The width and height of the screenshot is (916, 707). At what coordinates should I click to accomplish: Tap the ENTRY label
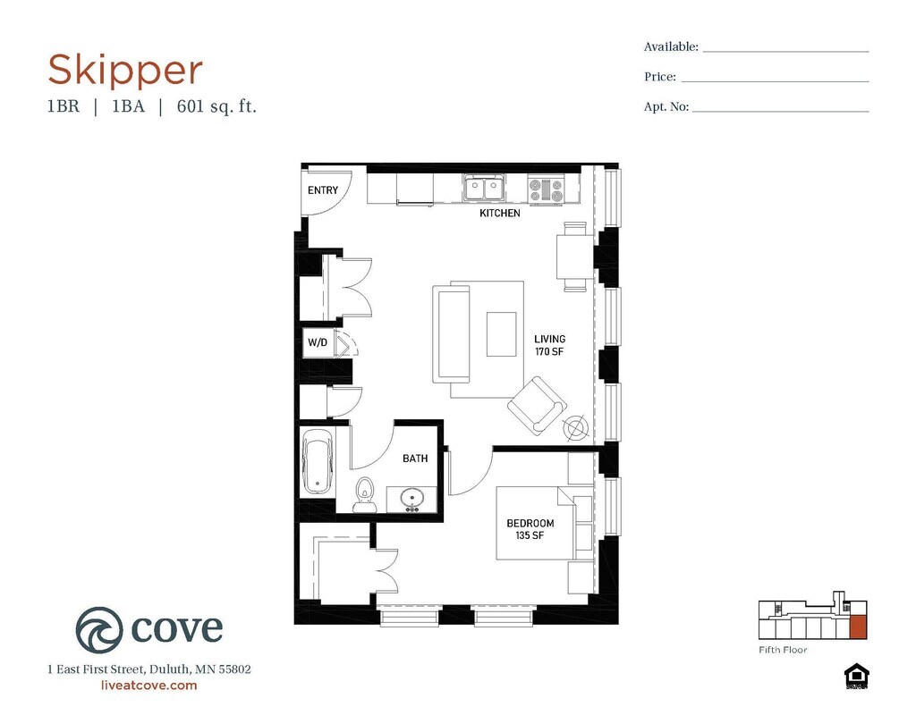click(322, 190)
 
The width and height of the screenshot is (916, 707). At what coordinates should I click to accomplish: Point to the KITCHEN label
click(499, 213)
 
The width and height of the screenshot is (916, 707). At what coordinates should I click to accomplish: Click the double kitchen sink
click(484, 188)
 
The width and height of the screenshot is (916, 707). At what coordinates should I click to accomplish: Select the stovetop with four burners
click(546, 189)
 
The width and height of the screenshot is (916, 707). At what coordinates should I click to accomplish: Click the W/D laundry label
click(318, 342)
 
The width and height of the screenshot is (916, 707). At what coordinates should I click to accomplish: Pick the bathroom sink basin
click(412, 499)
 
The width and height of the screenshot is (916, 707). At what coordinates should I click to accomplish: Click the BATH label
click(415, 459)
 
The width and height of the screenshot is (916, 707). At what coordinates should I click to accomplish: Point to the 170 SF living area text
click(549, 351)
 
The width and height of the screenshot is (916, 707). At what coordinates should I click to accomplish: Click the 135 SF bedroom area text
click(530, 534)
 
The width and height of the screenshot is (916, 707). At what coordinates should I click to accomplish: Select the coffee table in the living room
click(501, 334)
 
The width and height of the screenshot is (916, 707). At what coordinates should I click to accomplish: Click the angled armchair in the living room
click(537, 405)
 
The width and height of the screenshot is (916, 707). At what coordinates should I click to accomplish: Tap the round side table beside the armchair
click(575, 427)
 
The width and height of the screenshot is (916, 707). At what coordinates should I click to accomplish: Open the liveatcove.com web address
click(149, 686)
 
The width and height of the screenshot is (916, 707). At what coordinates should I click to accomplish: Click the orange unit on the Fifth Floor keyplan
click(858, 627)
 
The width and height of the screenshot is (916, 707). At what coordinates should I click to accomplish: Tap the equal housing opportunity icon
click(856, 677)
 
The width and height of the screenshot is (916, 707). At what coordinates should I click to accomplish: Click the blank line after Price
click(775, 81)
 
